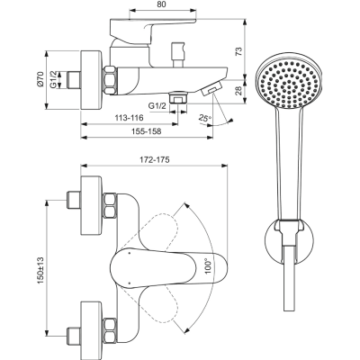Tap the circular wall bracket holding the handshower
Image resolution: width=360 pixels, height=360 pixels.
click(x=286, y=243)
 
